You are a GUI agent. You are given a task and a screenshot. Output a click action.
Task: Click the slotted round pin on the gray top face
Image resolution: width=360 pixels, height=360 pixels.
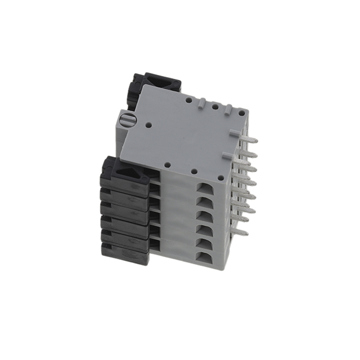tap(127, 120)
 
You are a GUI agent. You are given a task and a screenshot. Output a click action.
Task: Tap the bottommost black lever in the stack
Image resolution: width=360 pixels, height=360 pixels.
tap(125, 253)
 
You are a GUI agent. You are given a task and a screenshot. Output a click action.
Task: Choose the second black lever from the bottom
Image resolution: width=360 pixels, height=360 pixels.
tap(125, 240)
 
